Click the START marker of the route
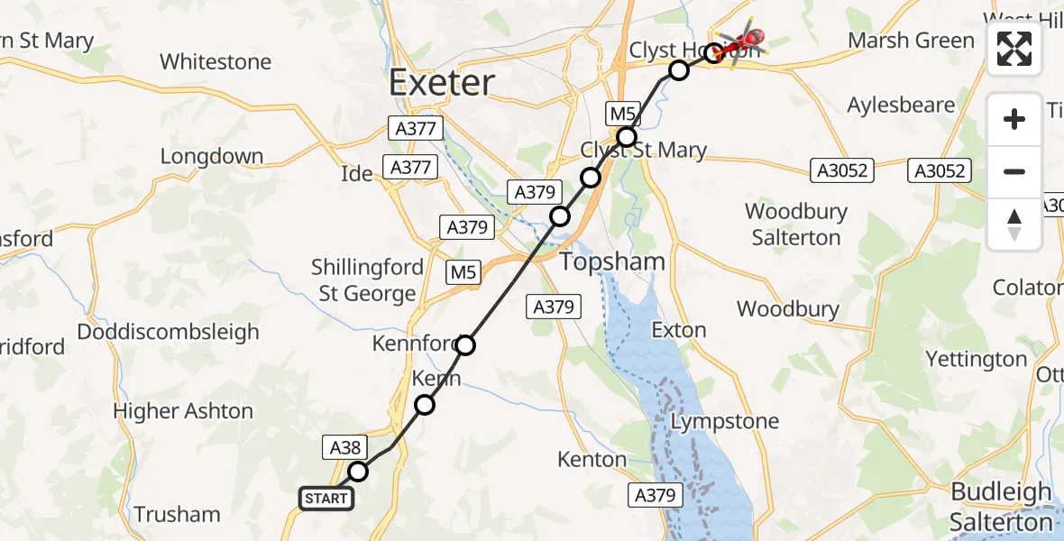coord(326,499)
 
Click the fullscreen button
coord(1014,49)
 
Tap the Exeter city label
coord(442,83)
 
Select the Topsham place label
coord(612,262)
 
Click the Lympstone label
coord(724,421)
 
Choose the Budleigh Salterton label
coord(1001,507)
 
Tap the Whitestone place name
coord(215,61)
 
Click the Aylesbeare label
coord(901,105)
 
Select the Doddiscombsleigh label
coord(168,331)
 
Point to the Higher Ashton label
coord(183,411)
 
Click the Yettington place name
coord(976,359)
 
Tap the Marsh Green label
coord(911,41)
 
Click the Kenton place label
coord(592,459)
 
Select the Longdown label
coord(211,156)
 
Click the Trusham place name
coord(177,515)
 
